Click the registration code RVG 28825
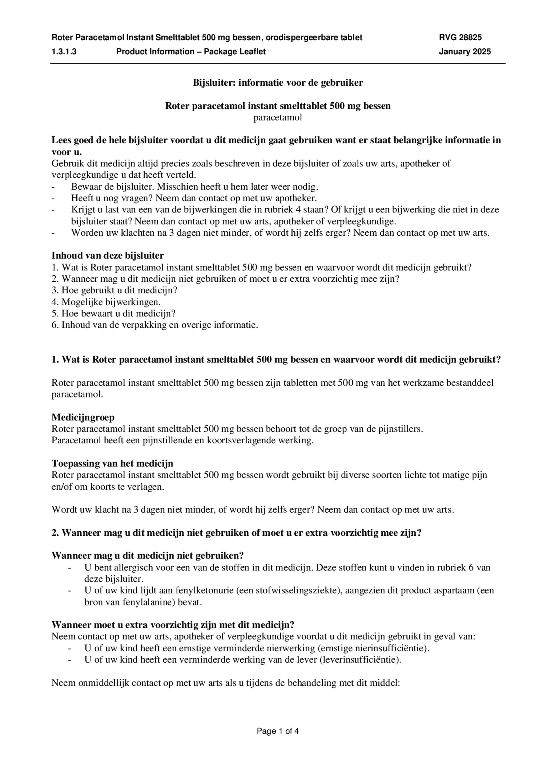click(x=460, y=37)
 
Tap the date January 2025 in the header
click(x=464, y=52)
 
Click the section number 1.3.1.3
click(x=64, y=52)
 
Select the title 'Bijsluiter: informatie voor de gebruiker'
click(x=278, y=83)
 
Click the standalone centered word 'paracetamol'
click(x=278, y=117)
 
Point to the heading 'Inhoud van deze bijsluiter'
click(x=108, y=255)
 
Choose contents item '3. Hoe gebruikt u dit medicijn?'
click(x=114, y=290)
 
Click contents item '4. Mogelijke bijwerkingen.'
click(x=106, y=302)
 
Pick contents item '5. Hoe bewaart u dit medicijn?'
click(x=113, y=313)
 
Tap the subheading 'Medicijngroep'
click(x=83, y=417)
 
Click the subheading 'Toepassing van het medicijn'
click(x=112, y=463)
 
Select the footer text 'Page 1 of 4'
click(x=278, y=731)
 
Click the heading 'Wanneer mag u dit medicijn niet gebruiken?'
click(x=147, y=556)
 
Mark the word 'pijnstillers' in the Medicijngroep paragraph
click(x=401, y=429)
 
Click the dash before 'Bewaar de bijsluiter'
click(x=54, y=187)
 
